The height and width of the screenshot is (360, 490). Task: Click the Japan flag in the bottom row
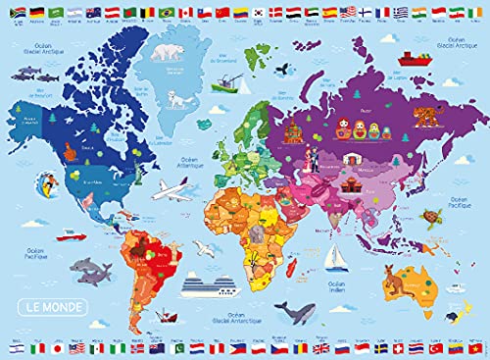(x=56, y=349)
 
